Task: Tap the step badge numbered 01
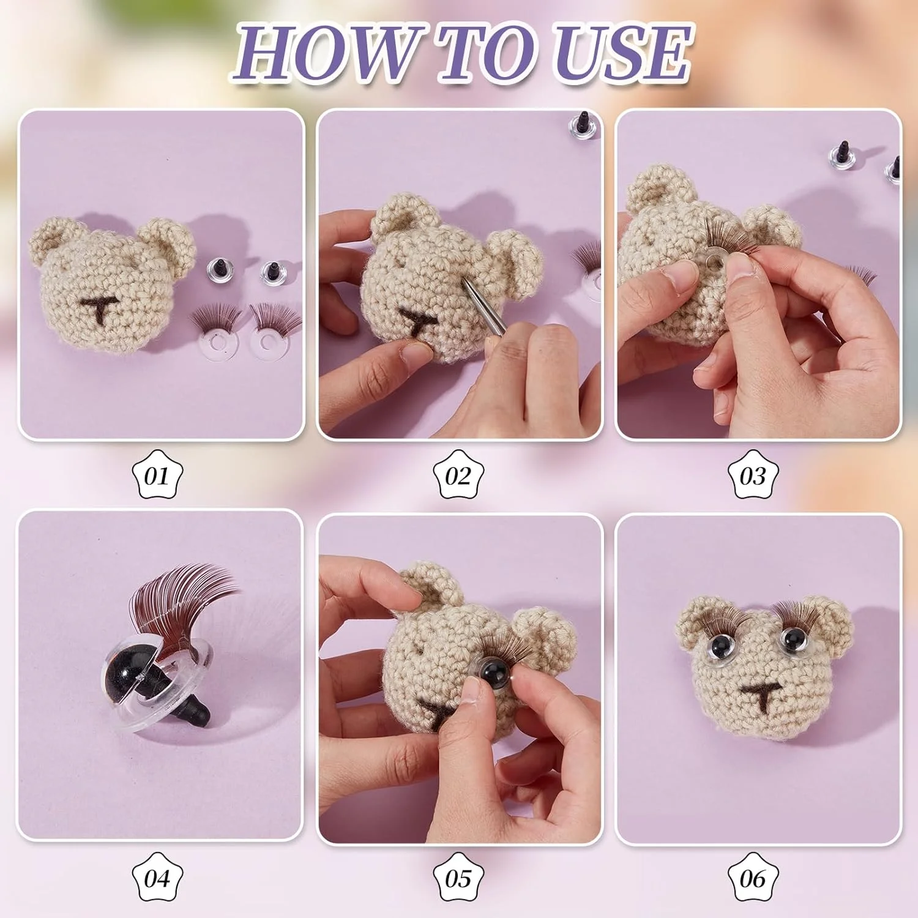[157, 474]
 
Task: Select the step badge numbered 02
[458, 474]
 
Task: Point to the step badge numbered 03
[753, 474]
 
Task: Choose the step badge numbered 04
[157, 877]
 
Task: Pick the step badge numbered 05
[458, 877]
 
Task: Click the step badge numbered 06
[753, 877]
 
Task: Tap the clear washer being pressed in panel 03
[715, 262]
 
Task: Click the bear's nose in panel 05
[438, 712]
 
